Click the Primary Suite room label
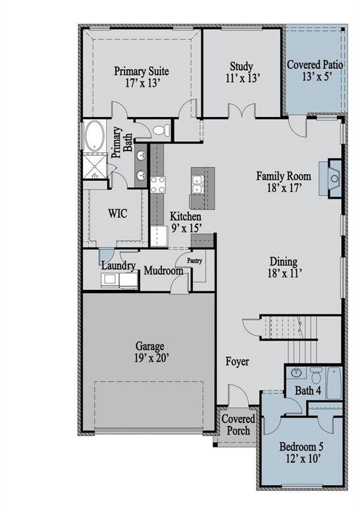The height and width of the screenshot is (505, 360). pyautogui.click(x=141, y=77)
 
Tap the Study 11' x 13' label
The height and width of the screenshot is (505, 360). pyautogui.click(x=241, y=72)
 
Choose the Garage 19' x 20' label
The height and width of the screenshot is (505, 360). pyautogui.click(x=150, y=352)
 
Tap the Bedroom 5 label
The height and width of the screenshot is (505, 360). pyautogui.click(x=301, y=451)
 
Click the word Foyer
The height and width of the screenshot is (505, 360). pyautogui.click(x=237, y=362)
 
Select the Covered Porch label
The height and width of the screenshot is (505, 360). pyautogui.click(x=236, y=425)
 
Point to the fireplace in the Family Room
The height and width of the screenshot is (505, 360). pyautogui.click(x=334, y=178)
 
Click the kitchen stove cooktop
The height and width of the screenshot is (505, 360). pyautogui.click(x=157, y=185)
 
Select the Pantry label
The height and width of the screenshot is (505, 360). pyautogui.click(x=194, y=260)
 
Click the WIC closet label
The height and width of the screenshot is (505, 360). pyautogui.click(x=116, y=214)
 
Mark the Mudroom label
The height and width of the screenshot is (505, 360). pyautogui.click(x=163, y=270)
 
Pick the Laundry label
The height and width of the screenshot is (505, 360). pyautogui.click(x=118, y=266)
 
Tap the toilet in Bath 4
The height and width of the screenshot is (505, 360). pyautogui.click(x=315, y=378)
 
